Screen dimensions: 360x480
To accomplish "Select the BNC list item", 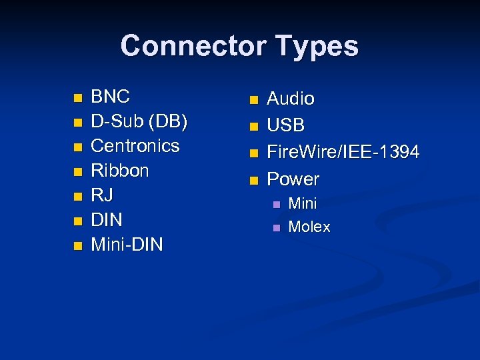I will (x=110, y=96).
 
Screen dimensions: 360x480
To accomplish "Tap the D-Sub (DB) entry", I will (x=139, y=121).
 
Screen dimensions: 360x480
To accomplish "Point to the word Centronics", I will (x=135, y=145).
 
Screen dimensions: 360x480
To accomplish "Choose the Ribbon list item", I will (x=120, y=170).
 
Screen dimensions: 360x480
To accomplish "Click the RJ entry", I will (x=102, y=195).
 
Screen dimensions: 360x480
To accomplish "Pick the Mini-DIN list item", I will (x=127, y=245).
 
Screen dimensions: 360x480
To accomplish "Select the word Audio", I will (x=291, y=99).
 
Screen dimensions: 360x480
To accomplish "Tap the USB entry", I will (x=285, y=125).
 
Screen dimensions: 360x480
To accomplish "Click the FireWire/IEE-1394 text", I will (x=343, y=152).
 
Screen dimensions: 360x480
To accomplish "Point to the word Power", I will (x=293, y=179).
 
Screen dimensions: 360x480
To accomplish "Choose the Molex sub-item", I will (x=309, y=227).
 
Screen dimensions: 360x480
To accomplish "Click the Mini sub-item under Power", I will (x=302, y=203).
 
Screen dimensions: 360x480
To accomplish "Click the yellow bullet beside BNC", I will (x=77, y=98).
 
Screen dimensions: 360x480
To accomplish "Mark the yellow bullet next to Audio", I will (x=253, y=101).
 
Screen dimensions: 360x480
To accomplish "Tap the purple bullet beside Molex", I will (x=274, y=228).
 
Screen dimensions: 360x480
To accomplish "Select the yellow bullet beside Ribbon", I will (x=77, y=172).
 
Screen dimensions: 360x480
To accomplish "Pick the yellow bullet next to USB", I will (x=253, y=127).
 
